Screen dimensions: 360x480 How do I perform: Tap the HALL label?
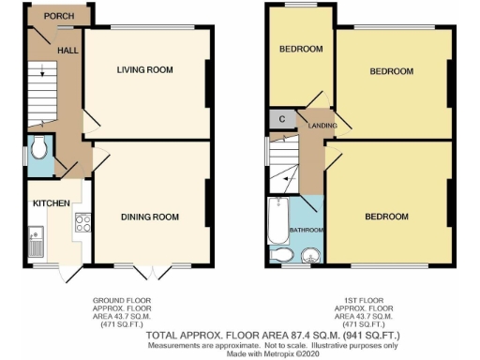click(67, 50)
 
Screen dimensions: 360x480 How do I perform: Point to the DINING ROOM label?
click(150, 217)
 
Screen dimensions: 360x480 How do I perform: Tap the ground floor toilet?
click(38, 150)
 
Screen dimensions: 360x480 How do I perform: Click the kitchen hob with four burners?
click(82, 223)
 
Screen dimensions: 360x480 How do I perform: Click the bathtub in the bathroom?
click(277, 218)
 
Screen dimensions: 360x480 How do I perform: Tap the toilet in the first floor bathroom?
click(279, 255)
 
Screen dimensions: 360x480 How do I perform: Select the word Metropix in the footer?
click(265, 353)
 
